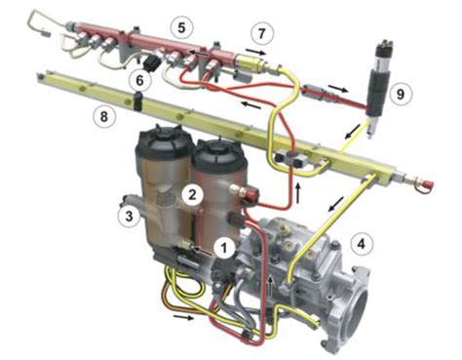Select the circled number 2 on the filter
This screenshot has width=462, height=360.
[194, 195]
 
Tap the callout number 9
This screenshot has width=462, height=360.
[398, 94]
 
